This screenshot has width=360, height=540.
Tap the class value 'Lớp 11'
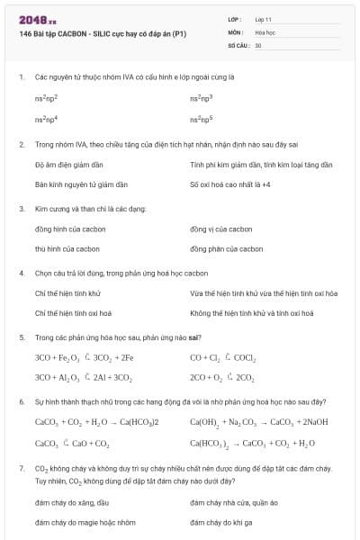point(264,19)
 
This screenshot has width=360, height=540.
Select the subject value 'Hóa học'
point(265,31)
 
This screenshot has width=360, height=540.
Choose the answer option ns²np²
point(47,96)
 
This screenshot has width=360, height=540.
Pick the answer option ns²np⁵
point(202,118)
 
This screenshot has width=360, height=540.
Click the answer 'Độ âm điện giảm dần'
point(69,165)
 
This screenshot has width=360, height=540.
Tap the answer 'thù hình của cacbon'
point(67,248)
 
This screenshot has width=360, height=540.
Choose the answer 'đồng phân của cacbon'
point(227,248)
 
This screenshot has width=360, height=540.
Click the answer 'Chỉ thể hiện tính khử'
point(67,293)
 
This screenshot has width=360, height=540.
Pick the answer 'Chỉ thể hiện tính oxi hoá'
point(73,313)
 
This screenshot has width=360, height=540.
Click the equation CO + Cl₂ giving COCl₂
point(223,357)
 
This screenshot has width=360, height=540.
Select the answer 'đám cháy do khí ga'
point(221,522)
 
